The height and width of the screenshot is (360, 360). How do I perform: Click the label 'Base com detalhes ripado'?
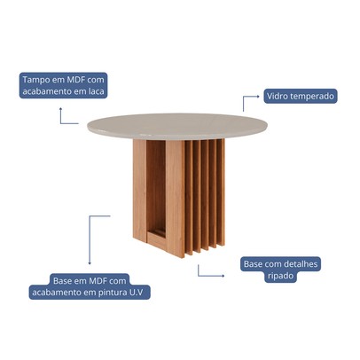tap(279, 270)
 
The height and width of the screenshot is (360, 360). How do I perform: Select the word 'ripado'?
tap(279, 276)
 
